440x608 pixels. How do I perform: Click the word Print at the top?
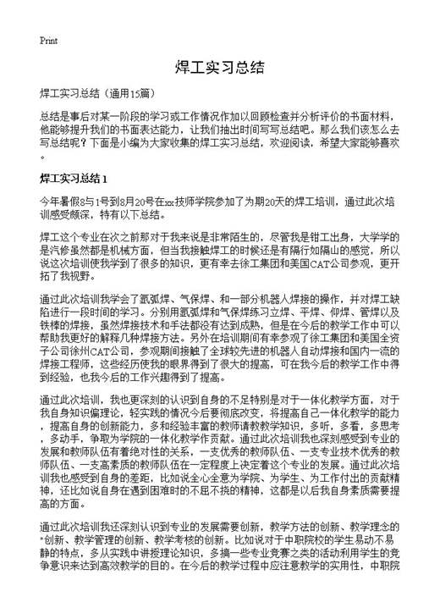point(47,40)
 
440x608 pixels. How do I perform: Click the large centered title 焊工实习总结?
point(220,67)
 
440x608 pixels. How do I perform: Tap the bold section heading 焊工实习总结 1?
point(73,180)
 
